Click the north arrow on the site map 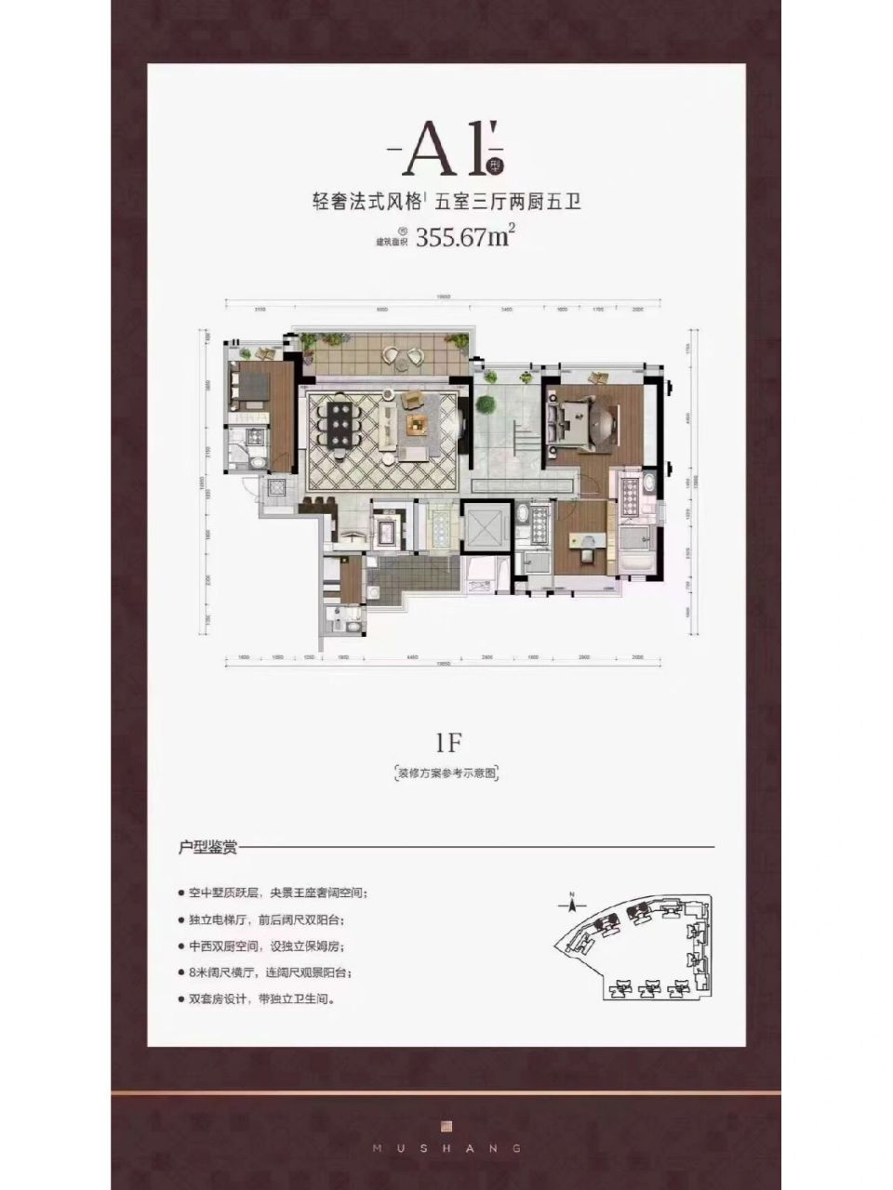pyautogui.click(x=572, y=900)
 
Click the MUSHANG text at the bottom pyautogui.click(x=446, y=1148)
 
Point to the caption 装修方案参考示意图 pyautogui.click(x=447, y=773)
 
